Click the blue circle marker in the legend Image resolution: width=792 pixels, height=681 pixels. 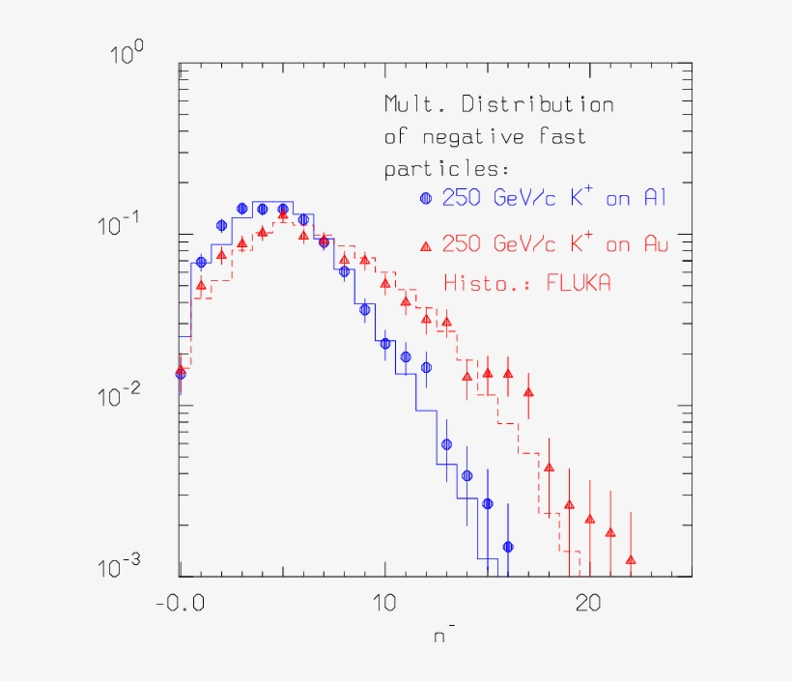click(426, 199)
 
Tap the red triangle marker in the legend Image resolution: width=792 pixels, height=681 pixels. click(426, 243)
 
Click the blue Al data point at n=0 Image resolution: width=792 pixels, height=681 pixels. click(180, 374)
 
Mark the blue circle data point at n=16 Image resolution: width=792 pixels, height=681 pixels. click(507, 547)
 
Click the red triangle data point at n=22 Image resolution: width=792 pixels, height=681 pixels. click(630, 559)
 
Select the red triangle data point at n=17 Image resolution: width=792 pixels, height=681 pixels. click(528, 392)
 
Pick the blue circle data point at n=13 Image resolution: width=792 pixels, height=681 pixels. click(446, 444)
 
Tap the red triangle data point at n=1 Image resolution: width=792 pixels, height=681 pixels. click(201, 285)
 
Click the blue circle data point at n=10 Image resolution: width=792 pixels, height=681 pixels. click(385, 343)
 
